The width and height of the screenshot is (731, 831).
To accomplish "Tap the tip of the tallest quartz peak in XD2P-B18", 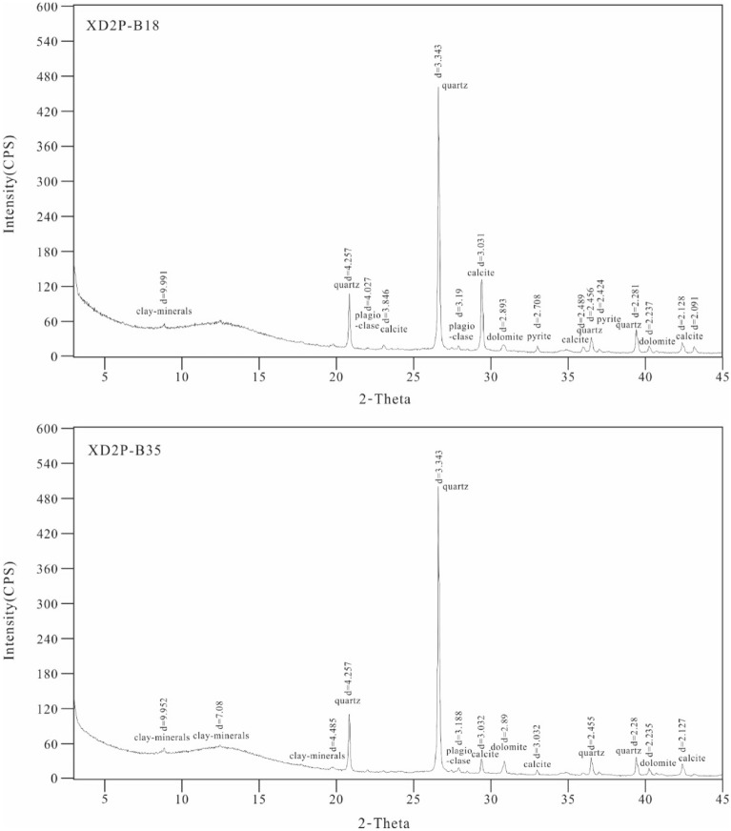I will point(438,87).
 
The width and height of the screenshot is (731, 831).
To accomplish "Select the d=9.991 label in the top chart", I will point(163,288).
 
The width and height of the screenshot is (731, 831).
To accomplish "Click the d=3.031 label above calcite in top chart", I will point(481,252).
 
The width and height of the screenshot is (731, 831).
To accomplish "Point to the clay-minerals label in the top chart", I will point(164,311).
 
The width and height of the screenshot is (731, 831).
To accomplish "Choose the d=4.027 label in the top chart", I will point(368,294).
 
